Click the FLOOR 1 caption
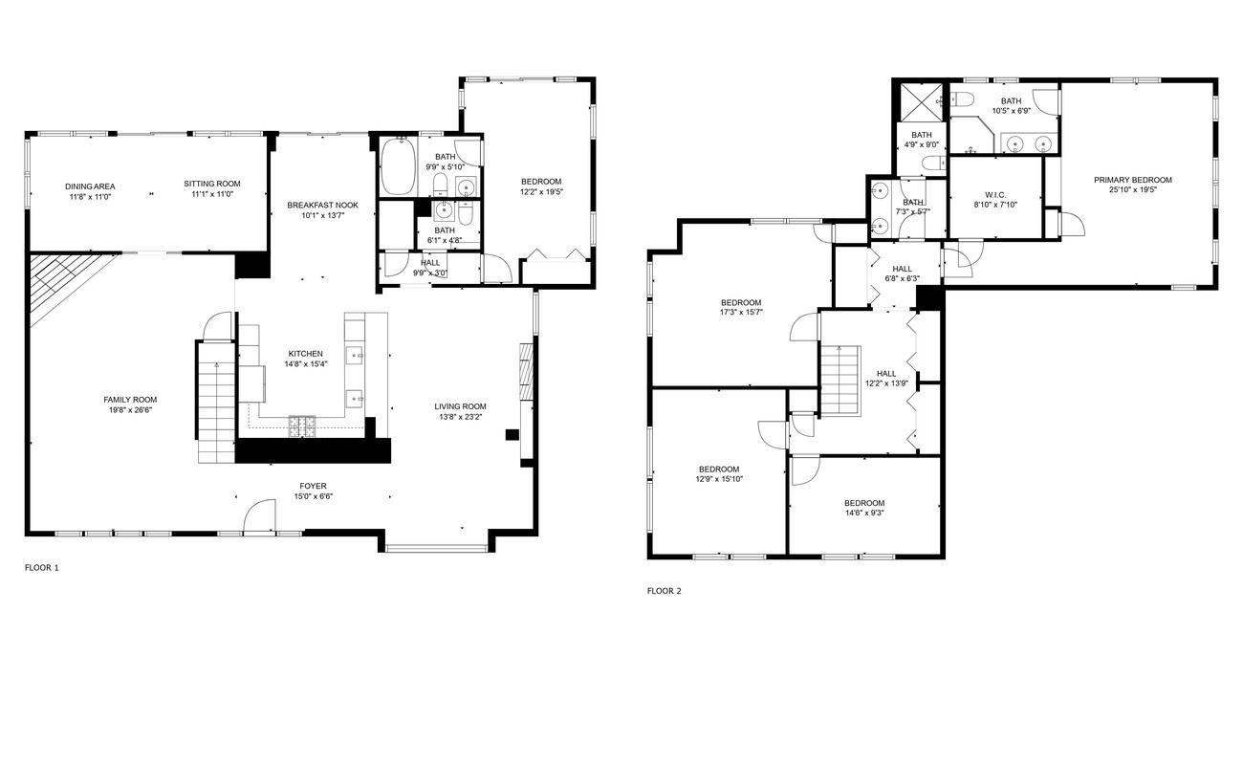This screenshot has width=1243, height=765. tap(42, 567)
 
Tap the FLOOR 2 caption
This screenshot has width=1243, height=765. tap(664, 591)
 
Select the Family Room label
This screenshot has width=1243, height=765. tap(130, 400)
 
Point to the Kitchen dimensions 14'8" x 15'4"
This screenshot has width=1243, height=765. tap(306, 364)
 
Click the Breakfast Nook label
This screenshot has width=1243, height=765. tap(323, 206)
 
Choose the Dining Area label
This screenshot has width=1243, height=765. tap(90, 186)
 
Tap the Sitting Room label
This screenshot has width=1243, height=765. tap(212, 184)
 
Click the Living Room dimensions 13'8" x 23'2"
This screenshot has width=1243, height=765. tap(461, 417)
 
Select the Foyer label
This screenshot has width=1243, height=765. tap(314, 486)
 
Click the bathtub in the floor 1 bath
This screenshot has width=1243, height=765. tap(398, 166)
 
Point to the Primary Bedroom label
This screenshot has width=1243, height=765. tap(1133, 180)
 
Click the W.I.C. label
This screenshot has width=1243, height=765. tap(995, 195)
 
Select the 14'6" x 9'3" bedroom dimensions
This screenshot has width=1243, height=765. tap(864, 513)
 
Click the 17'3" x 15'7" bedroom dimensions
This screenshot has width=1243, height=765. tap(741, 312)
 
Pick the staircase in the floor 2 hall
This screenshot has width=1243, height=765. tap(840, 381)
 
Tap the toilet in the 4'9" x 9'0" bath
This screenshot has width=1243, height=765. tap(933, 163)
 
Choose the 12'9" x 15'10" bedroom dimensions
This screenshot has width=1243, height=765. tap(719, 478)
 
